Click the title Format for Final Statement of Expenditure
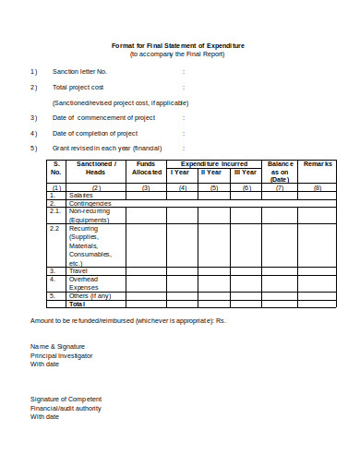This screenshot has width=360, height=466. [x=178, y=45]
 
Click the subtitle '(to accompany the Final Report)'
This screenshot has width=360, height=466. [x=178, y=54]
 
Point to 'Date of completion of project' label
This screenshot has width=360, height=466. [x=95, y=133]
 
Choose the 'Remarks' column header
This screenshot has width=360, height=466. [x=318, y=163]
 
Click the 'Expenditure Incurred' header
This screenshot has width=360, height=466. [x=215, y=163]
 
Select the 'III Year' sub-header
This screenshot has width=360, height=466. [x=245, y=173]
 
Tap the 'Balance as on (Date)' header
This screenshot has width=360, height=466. [x=280, y=172]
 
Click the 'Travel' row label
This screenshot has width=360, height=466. [x=79, y=270]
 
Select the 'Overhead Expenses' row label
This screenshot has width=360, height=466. [x=86, y=282]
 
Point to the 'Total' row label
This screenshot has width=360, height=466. [x=77, y=304]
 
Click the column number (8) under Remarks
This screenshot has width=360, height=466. [x=318, y=187]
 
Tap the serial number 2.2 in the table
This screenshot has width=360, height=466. [x=54, y=228]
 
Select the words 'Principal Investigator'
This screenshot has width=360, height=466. [x=61, y=355]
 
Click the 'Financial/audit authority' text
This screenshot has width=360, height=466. [x=66, y=408]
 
